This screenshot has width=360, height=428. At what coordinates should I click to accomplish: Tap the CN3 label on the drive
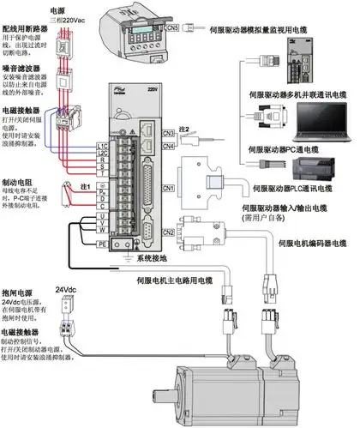[168, 133]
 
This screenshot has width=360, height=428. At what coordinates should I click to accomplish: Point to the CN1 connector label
[168, 187]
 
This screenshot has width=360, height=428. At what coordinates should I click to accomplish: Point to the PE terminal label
[101, 244]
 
